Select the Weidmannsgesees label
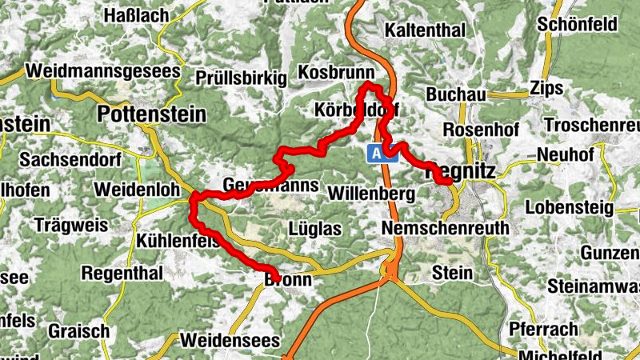pyautogui.click(x=103, y=70)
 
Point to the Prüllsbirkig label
pyautogui.click(x=241, y=78)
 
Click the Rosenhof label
pyautogui.click(x=481, y=129)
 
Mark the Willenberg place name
pyautogui.click(x=371, y=194)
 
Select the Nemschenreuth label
pyautogui.click(x=445, y=228)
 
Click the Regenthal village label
pyautogui.click(x=122, y=274)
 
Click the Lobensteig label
pyautogui.click(x=569, y=208)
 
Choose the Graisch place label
pyautogui.click(x=78, y=330)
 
